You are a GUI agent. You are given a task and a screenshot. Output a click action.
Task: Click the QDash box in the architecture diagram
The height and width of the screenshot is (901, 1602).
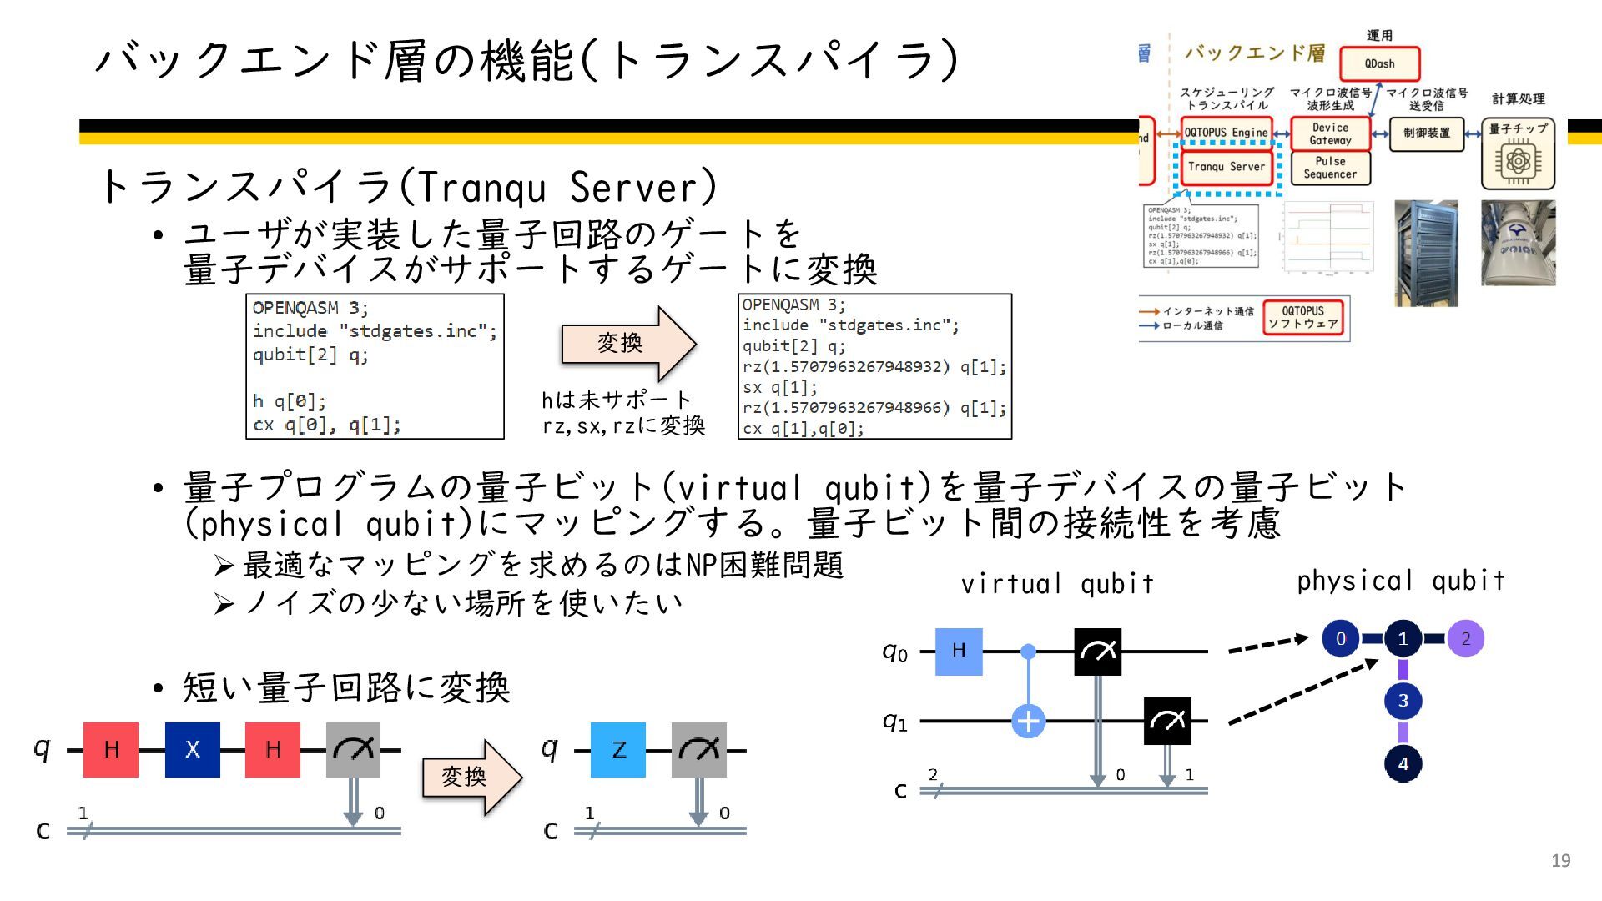click(x=1379, y=63)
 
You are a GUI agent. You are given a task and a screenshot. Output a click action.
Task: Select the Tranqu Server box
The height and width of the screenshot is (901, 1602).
click(x=1226, y=167)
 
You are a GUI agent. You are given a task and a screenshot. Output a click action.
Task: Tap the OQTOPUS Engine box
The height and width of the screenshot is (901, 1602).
click(x=1226, y=133)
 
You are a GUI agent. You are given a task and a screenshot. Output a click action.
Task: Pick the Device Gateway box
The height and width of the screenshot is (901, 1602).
click(x=1330, y=133)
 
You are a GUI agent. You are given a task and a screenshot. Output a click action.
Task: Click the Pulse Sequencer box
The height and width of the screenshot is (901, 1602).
click(x=1330, y=168)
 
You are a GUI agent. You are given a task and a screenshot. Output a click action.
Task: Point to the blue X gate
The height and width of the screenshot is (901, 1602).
click(x=192, y=749)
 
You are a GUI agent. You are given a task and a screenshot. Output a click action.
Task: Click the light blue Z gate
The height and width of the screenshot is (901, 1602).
click(x=618, y=749)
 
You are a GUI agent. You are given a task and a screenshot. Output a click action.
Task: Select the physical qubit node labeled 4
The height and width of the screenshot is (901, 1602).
click(x=1403, y=763)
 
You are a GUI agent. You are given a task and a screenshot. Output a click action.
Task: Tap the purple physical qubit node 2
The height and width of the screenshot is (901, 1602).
click(x=1465, y=639)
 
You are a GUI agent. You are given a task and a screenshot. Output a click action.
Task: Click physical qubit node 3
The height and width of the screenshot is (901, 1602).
click(x=1403, y=701)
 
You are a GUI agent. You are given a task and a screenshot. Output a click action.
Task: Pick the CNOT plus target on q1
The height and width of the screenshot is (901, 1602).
click(x=1028, y=721)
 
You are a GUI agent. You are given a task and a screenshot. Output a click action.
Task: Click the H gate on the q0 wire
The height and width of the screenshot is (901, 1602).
click(x=959, y=651)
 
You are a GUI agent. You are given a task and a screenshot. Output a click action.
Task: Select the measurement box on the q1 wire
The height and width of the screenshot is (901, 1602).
click(x=1166, y=721)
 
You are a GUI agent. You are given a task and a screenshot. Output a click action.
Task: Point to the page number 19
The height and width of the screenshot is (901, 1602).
click(x=1560, y=860)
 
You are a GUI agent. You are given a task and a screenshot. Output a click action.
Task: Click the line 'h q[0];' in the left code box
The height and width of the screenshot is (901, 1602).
click(x=290, y=401)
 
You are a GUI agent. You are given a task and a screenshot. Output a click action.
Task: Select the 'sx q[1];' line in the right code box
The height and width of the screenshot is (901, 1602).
click(x=780, y=387)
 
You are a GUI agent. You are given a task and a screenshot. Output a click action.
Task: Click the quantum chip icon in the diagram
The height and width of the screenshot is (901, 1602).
click(x=1518, y=160)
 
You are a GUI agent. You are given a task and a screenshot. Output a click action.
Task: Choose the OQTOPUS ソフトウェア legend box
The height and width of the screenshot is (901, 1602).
click(x=1302, y=317)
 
